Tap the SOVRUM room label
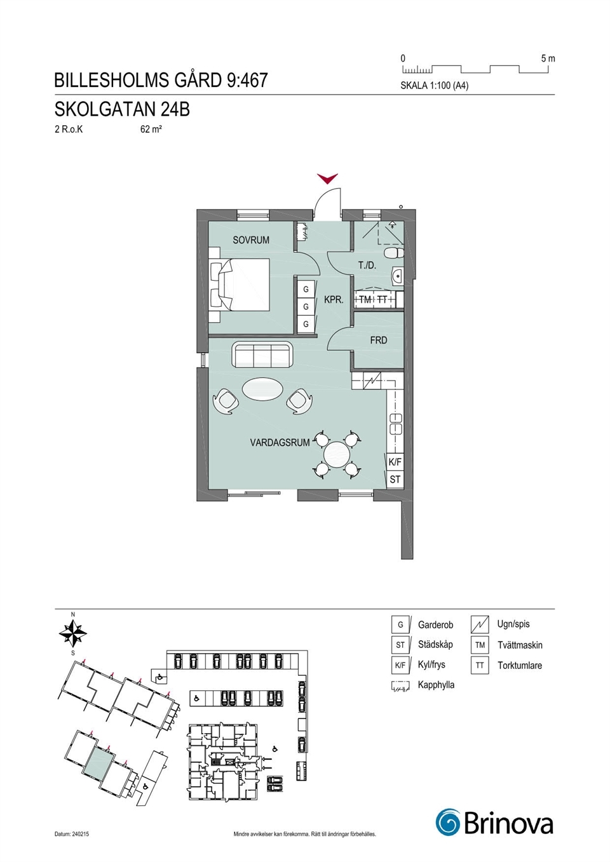click(251, 240)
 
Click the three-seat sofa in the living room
click(262, 354)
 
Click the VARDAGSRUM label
click(280, 443)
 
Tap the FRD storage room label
click(379, 340)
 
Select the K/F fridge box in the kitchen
click(395, 462)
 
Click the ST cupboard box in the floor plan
click(395, 479)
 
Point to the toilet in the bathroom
click(394, 253)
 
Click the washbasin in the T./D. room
click(396, 276)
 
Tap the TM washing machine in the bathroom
click(365, 299)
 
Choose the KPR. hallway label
click(334, 300)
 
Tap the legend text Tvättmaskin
click(520, 645)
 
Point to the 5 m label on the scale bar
click(548, 58)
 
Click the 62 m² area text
click(151, 130)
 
